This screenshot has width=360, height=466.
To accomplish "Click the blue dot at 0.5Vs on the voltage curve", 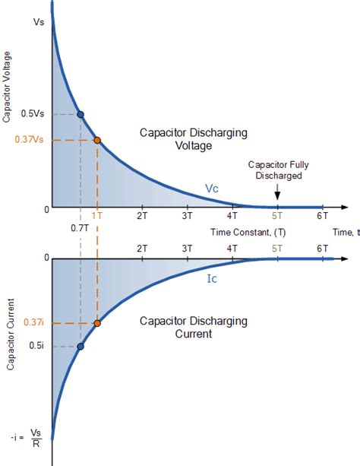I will pos(81,115).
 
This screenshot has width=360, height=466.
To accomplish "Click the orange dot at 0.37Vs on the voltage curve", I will pos(96,140).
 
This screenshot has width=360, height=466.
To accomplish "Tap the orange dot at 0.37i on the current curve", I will pos(96,323).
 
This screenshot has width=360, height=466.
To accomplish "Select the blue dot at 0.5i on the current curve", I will pos(81,347).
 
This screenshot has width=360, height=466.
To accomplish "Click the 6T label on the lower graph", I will pos(323,249).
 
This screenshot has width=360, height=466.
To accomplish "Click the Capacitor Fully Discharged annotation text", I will pos(279,170).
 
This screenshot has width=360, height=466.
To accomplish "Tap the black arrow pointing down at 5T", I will pos(277,194).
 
